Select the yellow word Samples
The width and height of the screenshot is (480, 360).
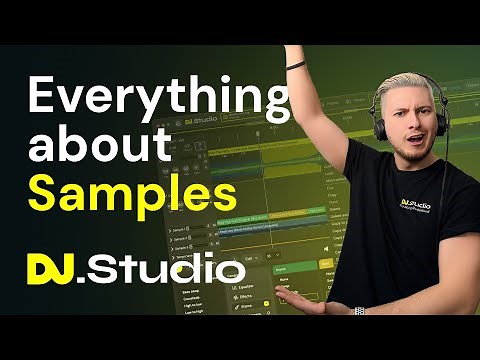[117, 189]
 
